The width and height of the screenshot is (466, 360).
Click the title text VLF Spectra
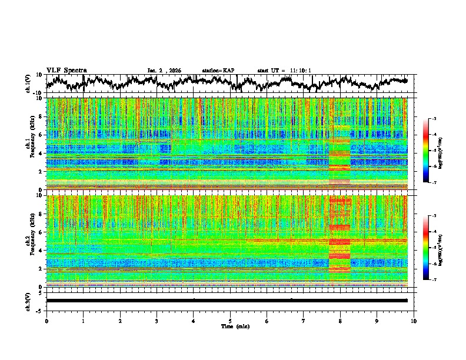tap(66, 70)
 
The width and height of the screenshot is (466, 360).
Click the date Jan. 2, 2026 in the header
tap(164, 71)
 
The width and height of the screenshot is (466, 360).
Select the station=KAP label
tap(218, 71)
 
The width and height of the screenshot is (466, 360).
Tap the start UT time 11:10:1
tap(284, 71)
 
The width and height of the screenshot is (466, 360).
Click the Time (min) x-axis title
tap(230, 326)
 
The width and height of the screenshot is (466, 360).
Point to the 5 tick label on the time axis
tap(230, 321)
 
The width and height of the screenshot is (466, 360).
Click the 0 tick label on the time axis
tap(46, 321)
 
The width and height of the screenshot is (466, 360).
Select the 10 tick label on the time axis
tap(414, 321)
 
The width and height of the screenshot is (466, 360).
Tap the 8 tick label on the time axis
tap(340, 321)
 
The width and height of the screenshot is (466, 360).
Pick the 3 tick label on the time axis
tap(157, 321)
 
